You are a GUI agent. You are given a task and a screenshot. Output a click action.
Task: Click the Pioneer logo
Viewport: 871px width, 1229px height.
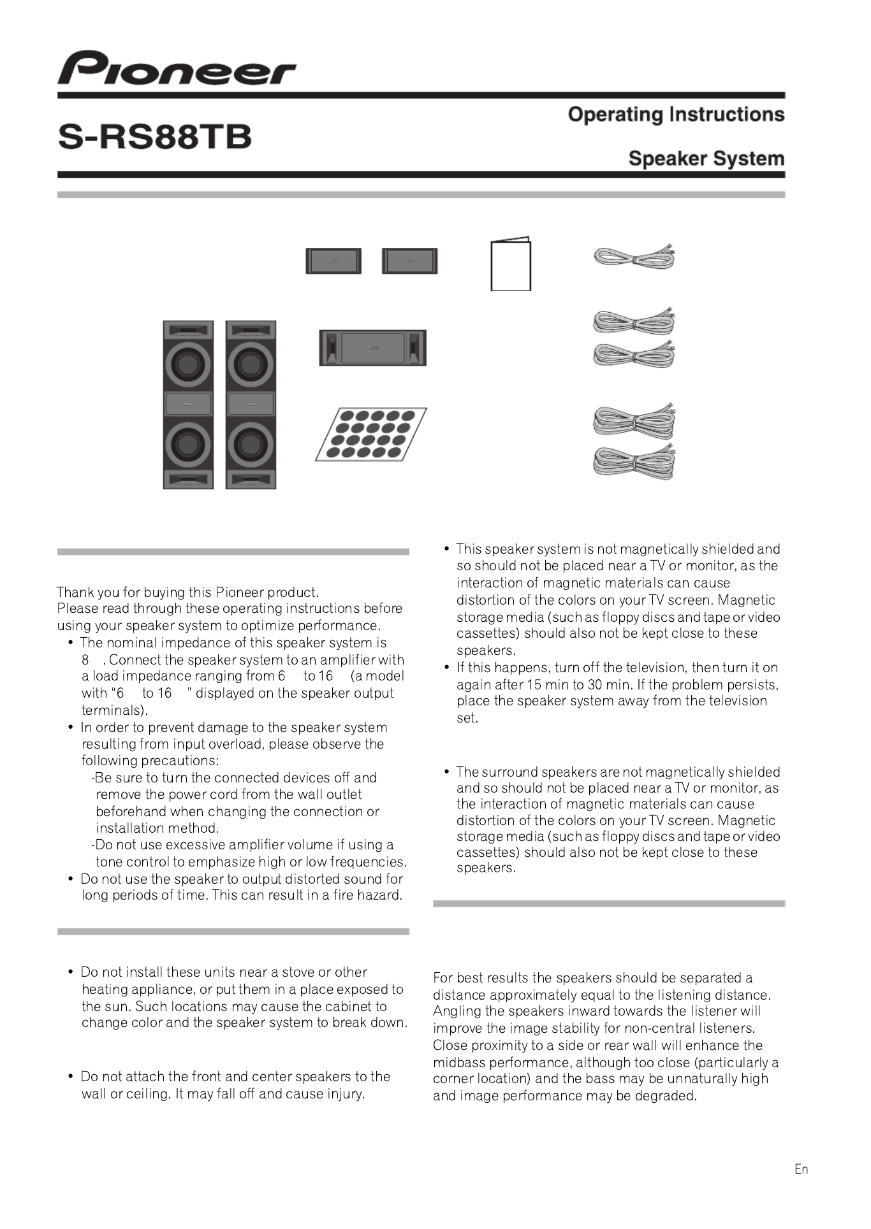click(177, 68)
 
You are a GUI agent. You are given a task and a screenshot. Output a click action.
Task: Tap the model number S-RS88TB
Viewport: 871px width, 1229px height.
click(155, 137)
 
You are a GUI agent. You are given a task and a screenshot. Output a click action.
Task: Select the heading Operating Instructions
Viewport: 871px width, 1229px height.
click(676, 115)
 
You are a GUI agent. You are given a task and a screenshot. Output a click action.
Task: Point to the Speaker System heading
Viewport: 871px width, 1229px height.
click(706, 159)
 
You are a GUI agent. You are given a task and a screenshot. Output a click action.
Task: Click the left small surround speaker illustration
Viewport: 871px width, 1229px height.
click(333, 261)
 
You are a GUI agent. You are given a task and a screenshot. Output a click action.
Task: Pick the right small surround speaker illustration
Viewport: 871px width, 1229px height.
click(409, 261)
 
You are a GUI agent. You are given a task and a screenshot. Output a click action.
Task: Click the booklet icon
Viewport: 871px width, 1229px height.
click(510, 264)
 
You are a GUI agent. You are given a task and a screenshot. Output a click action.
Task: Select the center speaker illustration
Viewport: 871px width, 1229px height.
click(372, 347)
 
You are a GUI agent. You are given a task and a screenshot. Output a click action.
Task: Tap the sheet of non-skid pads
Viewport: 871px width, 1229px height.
click(371, 434)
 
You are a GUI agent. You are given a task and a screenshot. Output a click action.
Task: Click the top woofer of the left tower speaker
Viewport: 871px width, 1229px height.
click(188, 364)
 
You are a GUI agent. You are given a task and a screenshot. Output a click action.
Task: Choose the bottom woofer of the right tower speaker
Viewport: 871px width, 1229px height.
click(251, 444)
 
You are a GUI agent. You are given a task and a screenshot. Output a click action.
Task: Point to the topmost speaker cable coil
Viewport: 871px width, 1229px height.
click(634, 257)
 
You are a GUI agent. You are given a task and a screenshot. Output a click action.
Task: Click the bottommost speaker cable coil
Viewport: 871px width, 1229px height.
click(634, 463)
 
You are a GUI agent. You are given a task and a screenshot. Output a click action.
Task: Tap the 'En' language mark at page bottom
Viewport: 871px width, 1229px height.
click(801, 1169)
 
